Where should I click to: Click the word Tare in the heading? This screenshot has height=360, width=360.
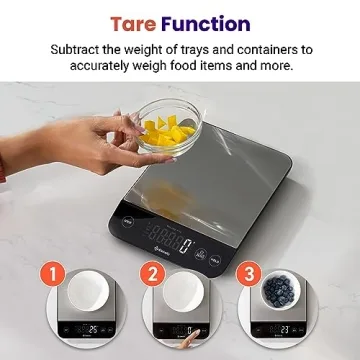point(133,22)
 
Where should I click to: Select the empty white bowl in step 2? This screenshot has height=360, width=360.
point(184,294)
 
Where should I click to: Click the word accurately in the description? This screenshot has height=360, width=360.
point(106,66)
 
